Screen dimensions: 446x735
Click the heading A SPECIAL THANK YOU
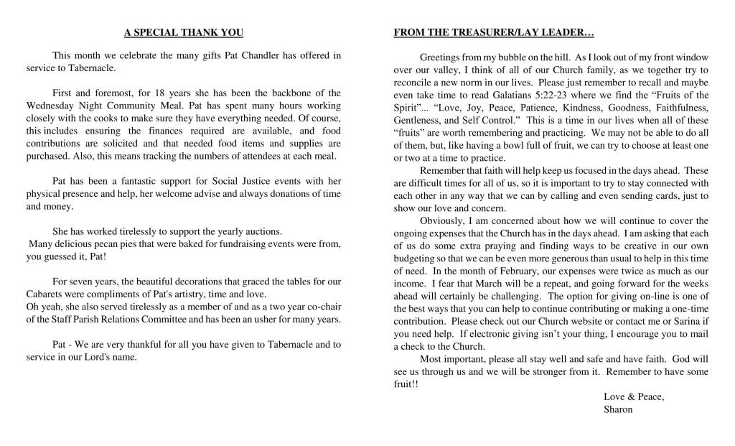(x=184, y=32)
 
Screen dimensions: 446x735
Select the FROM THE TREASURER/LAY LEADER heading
(x=494, y=32)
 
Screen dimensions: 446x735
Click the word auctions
(x=263, y=232)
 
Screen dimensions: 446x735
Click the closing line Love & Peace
(x=634, y=397)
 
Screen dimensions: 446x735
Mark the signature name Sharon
(x=619, y=409)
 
